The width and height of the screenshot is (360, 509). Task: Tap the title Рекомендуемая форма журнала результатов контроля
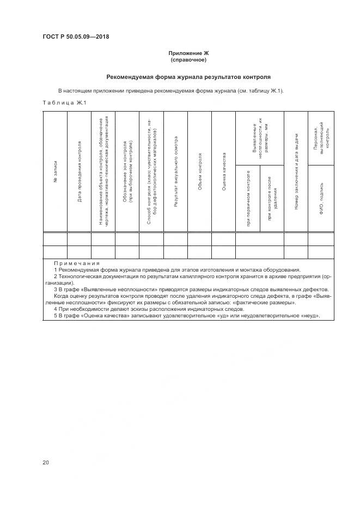click(x=188, y=77)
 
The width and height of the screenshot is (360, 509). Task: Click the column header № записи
click(x=56, y=171)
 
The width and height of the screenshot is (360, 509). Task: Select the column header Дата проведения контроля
click(x=80, y=172)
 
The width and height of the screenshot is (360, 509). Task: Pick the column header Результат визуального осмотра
click(x=175, y=171)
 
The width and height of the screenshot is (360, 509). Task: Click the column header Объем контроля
click(x=200, y=171)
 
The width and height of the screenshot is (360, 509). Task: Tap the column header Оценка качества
click(x=224, y=171)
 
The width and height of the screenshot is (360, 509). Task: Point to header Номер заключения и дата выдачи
click(x=296, y=171)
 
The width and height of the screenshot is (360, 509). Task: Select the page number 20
click(x=46, y=462)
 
